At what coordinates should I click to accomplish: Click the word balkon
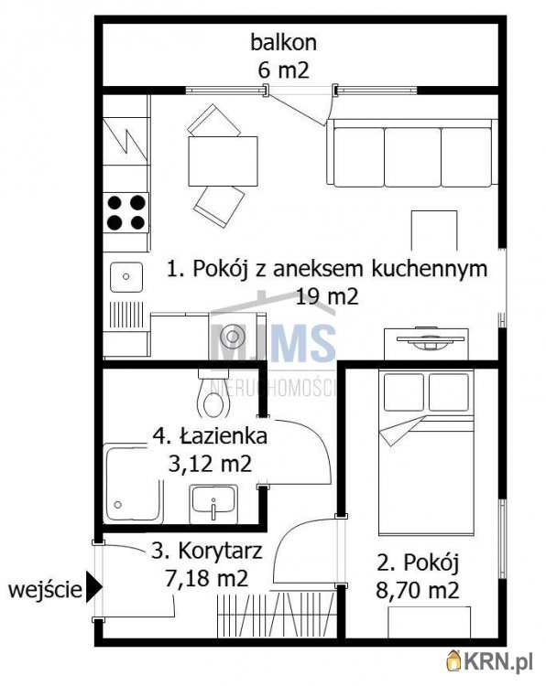click(283, 42)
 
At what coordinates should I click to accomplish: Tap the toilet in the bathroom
click(215, 397)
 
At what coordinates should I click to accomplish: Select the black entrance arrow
click(93, 590)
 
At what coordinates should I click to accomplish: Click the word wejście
click(43, 590)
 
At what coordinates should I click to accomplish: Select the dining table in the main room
click(223, 161)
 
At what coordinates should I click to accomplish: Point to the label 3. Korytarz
click(208, 552)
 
